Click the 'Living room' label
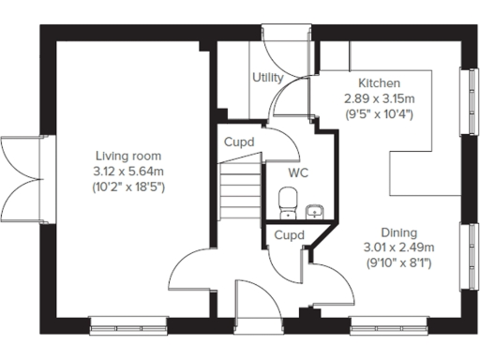point(128,156)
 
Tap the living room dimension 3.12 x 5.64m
point(128,171)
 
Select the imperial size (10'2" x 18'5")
point(128,186)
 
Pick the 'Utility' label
point(267,78)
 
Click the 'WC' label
point(297,174)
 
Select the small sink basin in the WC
point(315,209)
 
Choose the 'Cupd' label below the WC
point(289,235)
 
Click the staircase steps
point(240,187)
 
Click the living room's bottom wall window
point(117,323)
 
